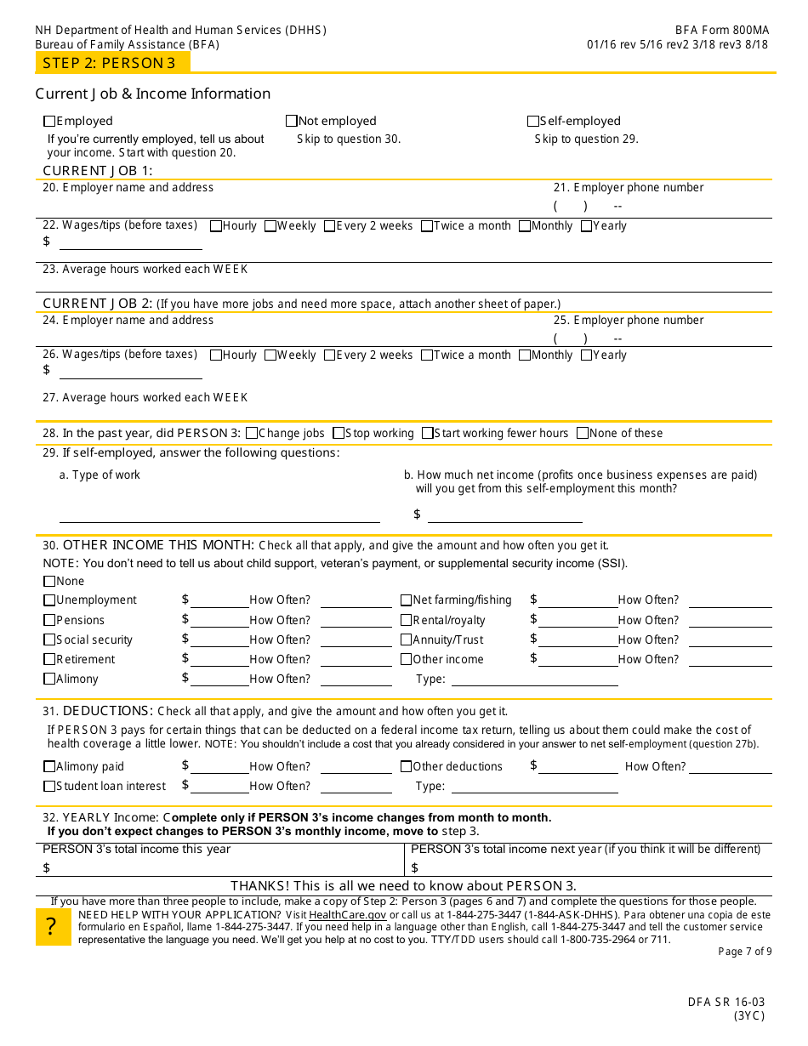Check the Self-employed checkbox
click(x=533, y=122)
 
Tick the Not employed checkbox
click(x=292, y=122)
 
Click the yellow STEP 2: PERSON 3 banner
click(x=112, y=62)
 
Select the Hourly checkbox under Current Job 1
click(x=216, y=226)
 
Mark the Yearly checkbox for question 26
click(x=587, y=355)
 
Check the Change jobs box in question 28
click(x=252, y=433)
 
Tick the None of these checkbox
click(x=583, y=433)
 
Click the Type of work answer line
click(x=219, y=515)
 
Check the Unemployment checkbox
click(x=49, y=600)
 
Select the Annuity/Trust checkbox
click(x=407, y=640)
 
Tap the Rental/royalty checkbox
click(x=407, y=620)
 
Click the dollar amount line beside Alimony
click(x=219, y=679)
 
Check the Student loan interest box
click(x=49, y=787)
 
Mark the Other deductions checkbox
click(x=407, y=766)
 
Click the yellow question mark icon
click(x=53, y=927)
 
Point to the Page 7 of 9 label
click(x=745, y=952)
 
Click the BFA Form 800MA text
click(x=722, y=30)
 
